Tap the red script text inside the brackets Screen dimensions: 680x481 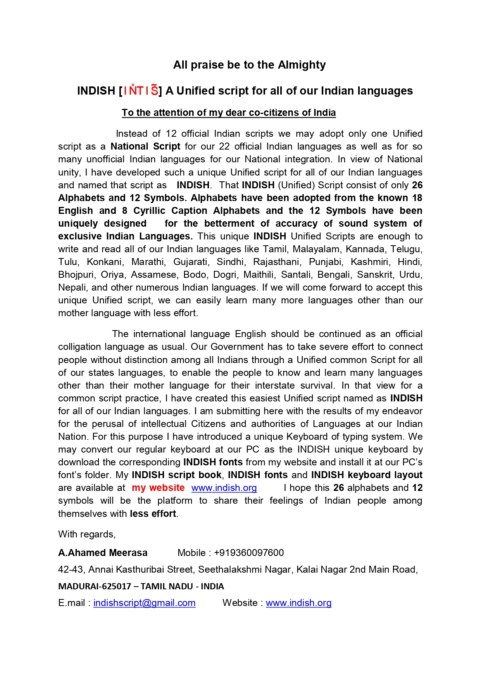click(141, 91)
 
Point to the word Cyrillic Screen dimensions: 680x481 click(149, 211)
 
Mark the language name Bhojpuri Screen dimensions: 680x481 click(76, 275)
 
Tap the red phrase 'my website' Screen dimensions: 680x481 click(158, 488)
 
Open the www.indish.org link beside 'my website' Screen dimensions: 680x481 click(224, 488)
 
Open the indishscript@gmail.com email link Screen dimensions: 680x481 click(144, 603)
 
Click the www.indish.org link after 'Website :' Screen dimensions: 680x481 click(298, 603)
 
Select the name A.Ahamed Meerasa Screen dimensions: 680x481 click(103, 553)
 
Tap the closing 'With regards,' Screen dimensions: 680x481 click(87, 534)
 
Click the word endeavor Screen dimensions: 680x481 click(403, 411)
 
